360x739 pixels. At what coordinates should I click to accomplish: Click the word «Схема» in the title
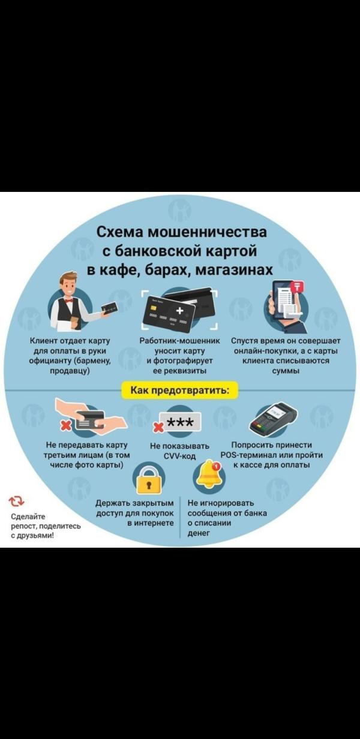tap(120, 232)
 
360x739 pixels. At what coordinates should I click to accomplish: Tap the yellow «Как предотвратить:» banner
tap(180, 390)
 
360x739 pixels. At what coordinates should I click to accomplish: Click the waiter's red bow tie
tap(68, 301)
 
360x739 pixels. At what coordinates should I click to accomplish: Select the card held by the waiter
tap(110, 308)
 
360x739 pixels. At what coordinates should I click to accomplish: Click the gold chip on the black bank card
tap(153, 307)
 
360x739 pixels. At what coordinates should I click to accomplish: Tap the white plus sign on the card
tap(179, 311)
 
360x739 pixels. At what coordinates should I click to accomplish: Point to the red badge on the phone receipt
tap(298, 286)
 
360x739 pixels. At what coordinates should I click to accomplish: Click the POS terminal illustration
tap(273, 419)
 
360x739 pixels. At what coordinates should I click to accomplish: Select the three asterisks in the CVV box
tap(179, 422)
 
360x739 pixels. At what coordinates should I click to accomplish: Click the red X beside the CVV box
tap(159, 428)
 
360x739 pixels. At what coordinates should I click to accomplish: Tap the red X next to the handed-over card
tap(66, 425)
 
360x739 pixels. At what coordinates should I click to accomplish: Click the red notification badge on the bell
tap(217, 466)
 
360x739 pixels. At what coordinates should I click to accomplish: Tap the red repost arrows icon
tap(16, 501)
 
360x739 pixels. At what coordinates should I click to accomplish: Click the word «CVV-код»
tap(180, 456)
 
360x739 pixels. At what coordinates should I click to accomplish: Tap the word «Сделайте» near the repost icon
tap(28, 516)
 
